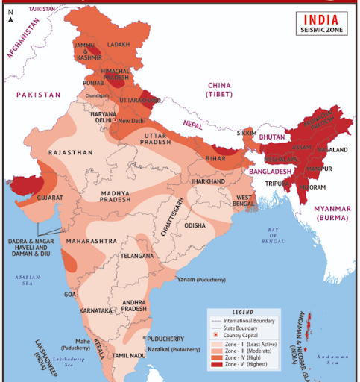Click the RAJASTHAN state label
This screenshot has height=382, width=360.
tap(70, 152)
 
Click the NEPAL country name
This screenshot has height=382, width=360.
tap(192, 125)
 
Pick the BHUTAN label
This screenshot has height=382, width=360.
tap(273, 138)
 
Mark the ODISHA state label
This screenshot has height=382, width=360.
tap(195, 225)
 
